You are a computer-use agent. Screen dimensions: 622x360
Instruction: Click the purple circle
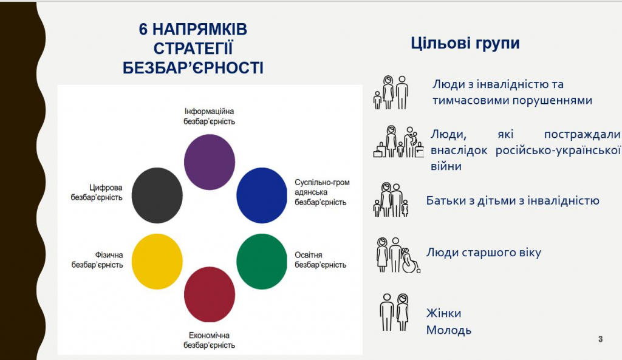pyautogui.click(x=210, y=161)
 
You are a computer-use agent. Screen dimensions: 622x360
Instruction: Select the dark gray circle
pyautogui.click(x=157, y=195)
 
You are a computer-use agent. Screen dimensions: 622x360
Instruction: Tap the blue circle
pyautogui.click(x=262, y=195)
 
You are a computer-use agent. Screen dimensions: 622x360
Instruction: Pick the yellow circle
pyautogui.click(x=157, y=261)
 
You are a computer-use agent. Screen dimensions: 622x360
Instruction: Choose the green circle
pyautogui.click(x=262, y=261)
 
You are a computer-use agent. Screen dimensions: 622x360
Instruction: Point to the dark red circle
pyautogui.click(x=210, y=294)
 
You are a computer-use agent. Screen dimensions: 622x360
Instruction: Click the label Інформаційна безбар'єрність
pyautogui.click(x=209, y=117)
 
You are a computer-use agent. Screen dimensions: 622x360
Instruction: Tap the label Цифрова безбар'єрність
pyautogui.click(x=97, y=192)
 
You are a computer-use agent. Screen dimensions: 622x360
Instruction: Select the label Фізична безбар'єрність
pyautogui.click(x=97, y=260)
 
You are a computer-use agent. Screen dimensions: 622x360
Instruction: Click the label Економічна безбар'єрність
pyautogui.click(x=209, y=340)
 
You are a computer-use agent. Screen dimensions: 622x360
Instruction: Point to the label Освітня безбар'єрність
pyautogui.click(x=321, y=260)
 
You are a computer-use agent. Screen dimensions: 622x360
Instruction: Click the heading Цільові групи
pyautogui.click(x=465, y=43)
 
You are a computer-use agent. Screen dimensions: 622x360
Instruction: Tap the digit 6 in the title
pyautogui.click(x=143, y=29)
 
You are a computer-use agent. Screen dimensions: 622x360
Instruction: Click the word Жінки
pyautogui.click(x=443, y=313)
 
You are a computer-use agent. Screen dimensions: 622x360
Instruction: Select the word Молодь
pyautogui.click(x=449, y=330)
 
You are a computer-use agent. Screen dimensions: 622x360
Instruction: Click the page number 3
pyautogui.click(x=601, y=339)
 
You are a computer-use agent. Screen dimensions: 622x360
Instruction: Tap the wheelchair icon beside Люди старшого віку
pyautogui.click(x=411, y=261)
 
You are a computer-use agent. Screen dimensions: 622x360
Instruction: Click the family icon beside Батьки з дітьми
pyautogui.click(x=391, y=200)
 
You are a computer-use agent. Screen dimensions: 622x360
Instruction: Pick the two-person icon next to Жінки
pyautogui.click(x=394, y=312)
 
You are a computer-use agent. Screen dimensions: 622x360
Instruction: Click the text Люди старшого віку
pyautogui.click(x=484, y=253)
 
